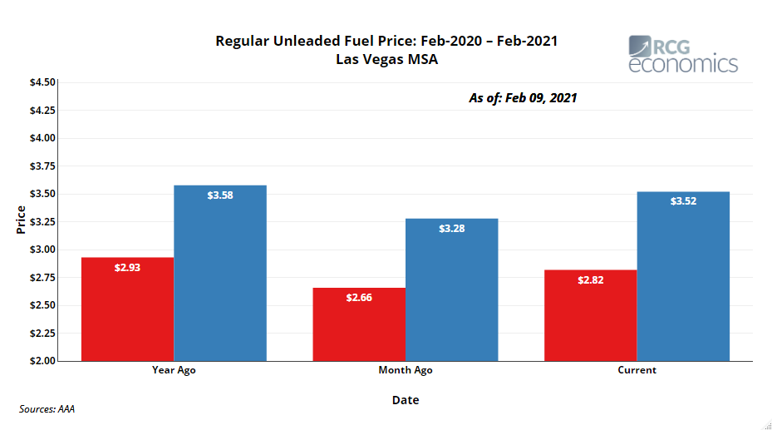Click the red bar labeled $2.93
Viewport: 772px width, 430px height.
pos(127,309)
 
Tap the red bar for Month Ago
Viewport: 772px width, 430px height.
pos(359,324)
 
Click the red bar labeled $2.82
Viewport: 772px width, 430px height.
pos(590,315)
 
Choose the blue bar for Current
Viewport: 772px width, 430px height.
pos(683,276)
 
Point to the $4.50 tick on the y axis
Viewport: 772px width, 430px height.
pos(42,82)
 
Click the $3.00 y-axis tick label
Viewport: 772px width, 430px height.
pos(42,250)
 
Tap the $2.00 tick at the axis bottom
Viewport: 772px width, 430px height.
pos(42,361)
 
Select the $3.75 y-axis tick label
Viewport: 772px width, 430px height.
pos(42,166)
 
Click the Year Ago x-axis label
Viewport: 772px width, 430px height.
pos(174,370)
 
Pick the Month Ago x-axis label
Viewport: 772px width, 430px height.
pos(406,370)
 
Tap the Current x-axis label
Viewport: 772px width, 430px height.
pos(637,370)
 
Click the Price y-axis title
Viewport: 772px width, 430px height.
pos(21,221)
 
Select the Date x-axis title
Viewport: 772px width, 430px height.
pos(406,400)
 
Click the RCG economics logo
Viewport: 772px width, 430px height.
pos(682,54)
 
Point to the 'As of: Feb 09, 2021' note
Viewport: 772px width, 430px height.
pos(523,98)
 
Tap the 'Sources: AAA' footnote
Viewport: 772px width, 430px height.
pos(47,409)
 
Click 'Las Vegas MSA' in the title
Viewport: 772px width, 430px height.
pos(386,59)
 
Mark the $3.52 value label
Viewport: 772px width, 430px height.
pos(683,200)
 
